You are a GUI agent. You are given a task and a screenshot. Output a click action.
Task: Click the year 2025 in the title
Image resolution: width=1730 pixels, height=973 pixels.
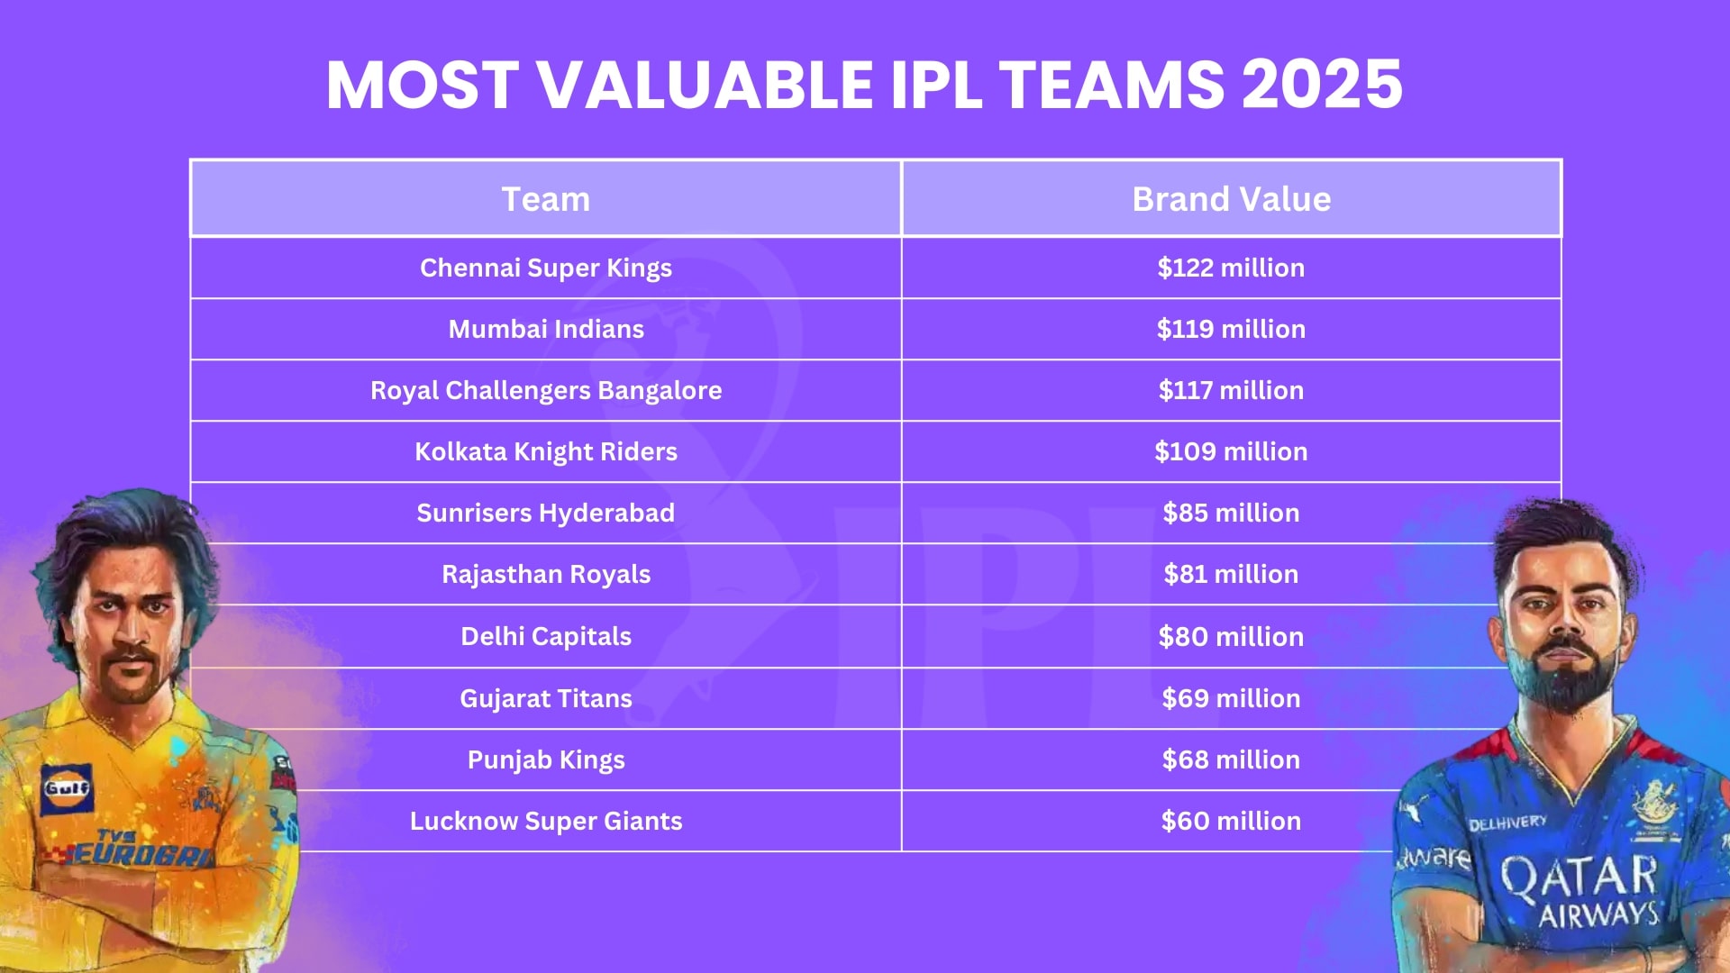click(1322, 85)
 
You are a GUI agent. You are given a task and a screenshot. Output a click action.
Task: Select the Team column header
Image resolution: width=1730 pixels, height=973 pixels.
click(545, 199)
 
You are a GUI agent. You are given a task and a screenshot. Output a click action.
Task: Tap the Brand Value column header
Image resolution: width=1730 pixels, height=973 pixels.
click(1231, 199)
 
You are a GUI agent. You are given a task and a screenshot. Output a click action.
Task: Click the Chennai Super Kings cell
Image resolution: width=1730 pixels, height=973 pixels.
click(545, 268)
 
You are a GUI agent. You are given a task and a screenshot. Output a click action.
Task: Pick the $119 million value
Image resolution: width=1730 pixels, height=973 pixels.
click(1231, 329)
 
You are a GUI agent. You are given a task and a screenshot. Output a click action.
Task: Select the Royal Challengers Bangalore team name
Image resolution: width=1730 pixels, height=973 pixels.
click(545, 390)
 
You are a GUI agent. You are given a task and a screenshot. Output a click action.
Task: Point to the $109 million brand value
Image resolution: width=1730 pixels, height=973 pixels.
click(1231, 451)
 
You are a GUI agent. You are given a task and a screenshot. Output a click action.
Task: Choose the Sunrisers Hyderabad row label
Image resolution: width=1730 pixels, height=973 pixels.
click(545, 513)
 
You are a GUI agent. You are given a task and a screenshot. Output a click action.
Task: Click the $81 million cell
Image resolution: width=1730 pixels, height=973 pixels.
click(1231, 574)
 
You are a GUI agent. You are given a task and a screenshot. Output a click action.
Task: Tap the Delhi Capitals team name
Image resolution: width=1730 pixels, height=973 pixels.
click(545, 636)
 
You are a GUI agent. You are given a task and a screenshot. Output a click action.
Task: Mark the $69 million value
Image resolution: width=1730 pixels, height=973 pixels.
click(1231, 698)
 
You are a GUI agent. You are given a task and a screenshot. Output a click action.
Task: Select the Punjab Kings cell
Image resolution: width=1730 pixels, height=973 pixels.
click(545, 759)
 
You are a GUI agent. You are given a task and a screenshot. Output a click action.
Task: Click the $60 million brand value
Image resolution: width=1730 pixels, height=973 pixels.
click(1231, 821)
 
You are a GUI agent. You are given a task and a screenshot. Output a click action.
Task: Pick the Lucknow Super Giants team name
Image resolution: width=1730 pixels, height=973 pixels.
click(545, 821)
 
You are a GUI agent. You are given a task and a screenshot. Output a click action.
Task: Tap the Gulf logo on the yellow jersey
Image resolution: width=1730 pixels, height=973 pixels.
click(67, 788)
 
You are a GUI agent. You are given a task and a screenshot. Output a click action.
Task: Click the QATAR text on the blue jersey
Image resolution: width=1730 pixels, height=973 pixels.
click(1578, 876)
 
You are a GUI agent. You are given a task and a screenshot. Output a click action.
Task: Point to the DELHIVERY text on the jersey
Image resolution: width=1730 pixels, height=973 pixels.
click(1507, 823)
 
